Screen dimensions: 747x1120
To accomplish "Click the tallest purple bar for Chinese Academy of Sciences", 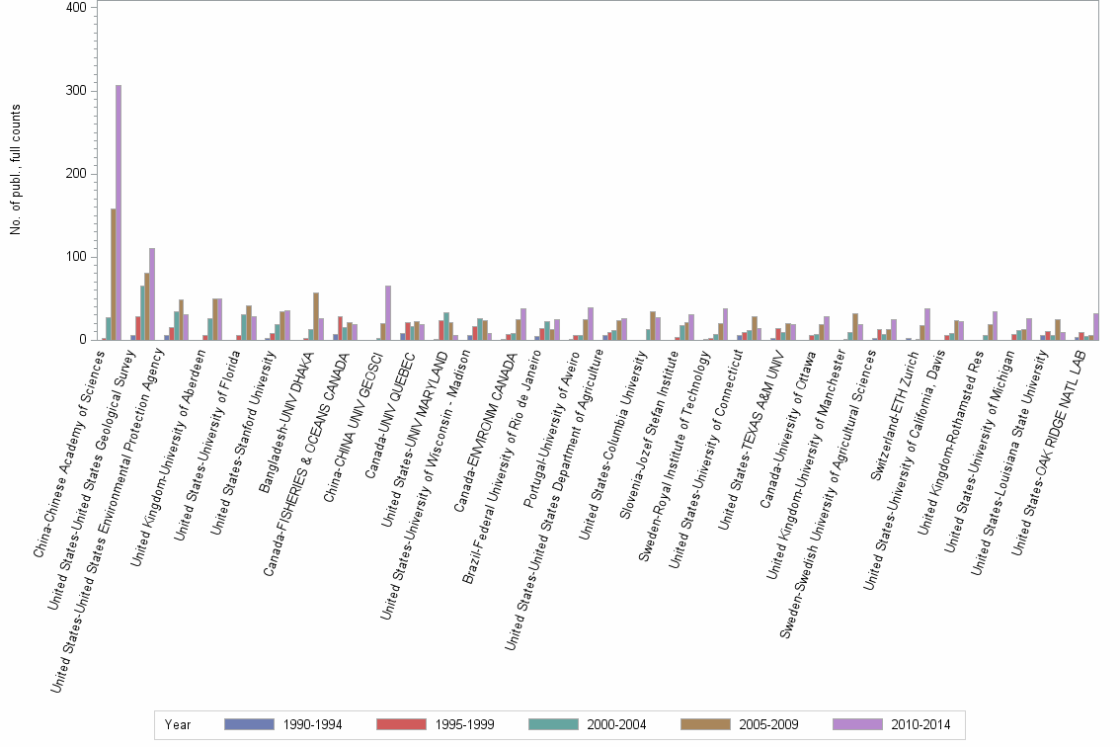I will click(119, 212).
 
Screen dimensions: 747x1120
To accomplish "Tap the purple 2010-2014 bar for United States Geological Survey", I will click(152, 294).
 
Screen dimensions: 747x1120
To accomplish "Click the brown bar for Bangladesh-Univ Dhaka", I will click(316, 316).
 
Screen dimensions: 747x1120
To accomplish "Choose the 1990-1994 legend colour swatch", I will click(248, 724).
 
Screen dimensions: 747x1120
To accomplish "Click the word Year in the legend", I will click(178, 724).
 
